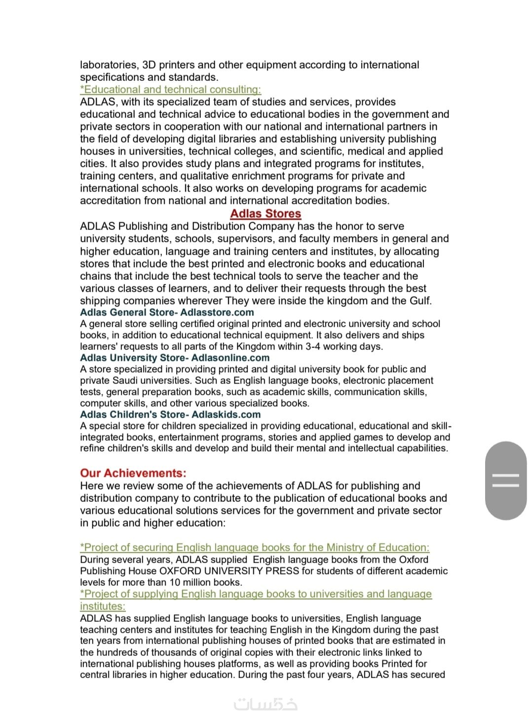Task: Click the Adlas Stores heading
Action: (266, 214)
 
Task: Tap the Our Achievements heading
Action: (133, 473)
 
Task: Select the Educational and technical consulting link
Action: (171, 89)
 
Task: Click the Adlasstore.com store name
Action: (217, 312)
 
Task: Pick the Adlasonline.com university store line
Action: (175, 358)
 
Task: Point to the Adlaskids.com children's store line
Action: (171, 415)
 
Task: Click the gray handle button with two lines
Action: (506, 480)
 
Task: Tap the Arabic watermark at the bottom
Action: (266, 704)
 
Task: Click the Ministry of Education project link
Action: (255, 547)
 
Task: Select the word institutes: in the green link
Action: (103, 606)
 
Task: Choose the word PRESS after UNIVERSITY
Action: (282, 571)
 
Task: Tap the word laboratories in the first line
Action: (109, 65)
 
